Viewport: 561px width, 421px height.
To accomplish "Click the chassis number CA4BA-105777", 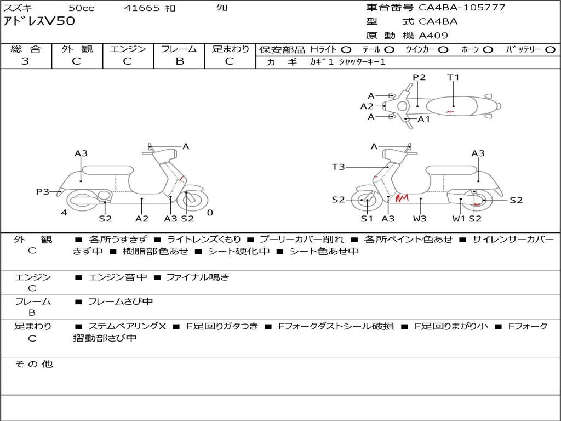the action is [462, 8].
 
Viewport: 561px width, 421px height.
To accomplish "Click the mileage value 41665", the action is [142, 8].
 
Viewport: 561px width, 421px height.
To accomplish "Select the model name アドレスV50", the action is [39, 22].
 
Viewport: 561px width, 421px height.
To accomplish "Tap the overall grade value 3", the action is [25, 61].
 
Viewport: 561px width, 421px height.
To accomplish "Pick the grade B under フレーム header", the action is [179, 61].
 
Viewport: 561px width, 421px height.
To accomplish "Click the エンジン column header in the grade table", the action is [128, 49].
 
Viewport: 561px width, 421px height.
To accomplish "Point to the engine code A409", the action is [433, 36].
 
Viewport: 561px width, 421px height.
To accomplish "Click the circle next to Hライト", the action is [346, 49].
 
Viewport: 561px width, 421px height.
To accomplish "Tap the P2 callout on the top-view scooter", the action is [419, 77].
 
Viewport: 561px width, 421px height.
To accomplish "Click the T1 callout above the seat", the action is [453, 77].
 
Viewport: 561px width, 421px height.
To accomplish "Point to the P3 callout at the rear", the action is [43, 191].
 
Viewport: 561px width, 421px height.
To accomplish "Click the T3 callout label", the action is [338, 167].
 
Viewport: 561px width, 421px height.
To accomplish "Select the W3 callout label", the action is [420, 219].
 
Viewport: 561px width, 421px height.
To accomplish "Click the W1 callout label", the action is [459, 219].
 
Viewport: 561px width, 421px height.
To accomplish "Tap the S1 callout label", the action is [367, 219].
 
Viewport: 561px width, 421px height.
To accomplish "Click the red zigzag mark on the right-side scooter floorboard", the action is [403, 197].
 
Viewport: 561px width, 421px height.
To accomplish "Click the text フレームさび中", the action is [121, 301].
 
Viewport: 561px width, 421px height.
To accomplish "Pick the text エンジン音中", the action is [117, 277].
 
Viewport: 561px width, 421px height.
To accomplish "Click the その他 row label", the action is [33, 364].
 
